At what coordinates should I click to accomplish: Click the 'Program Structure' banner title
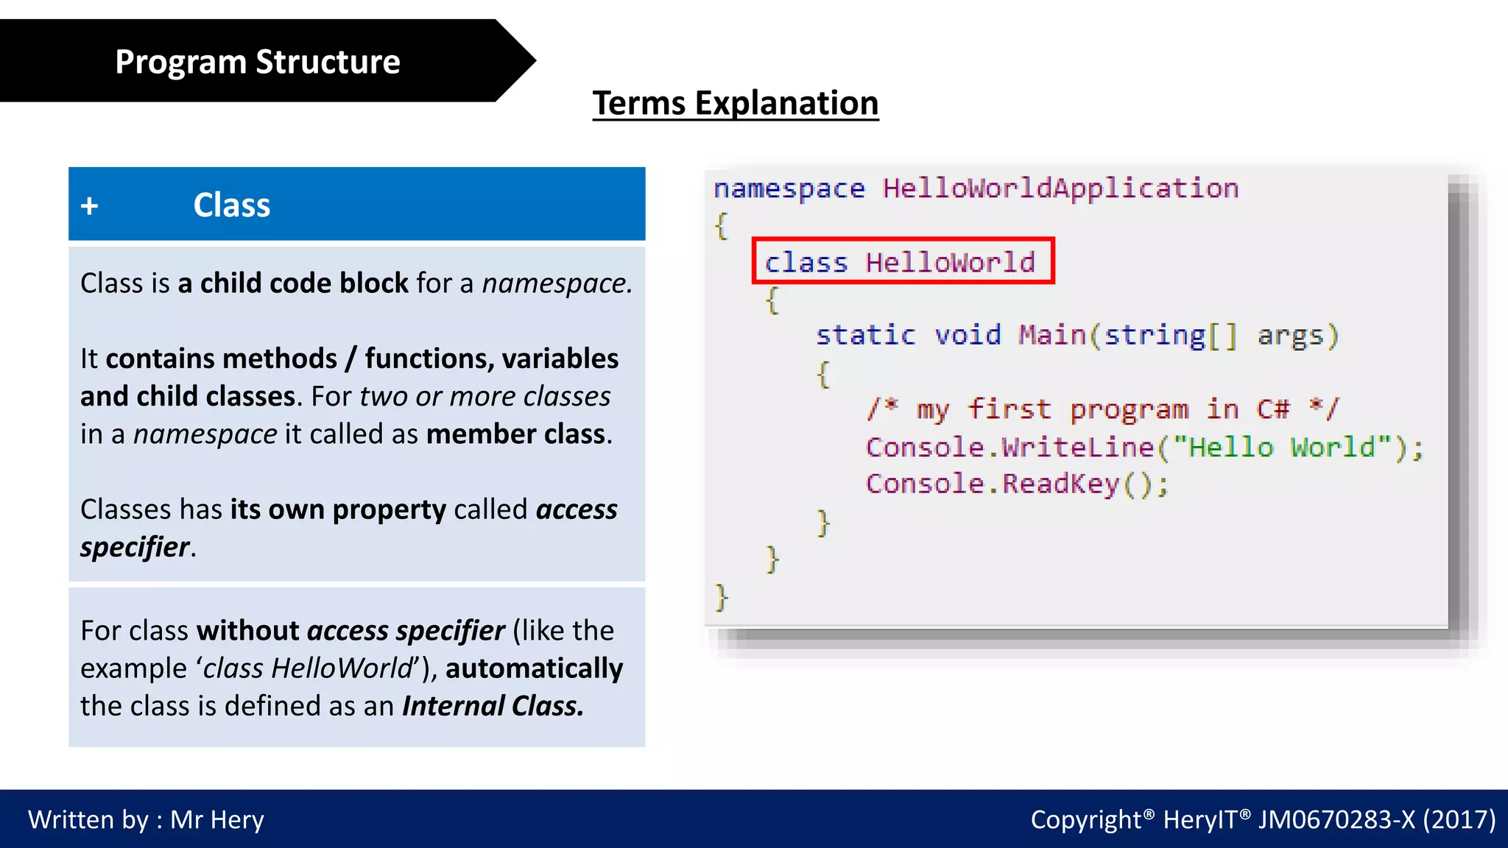(x=257, y=62)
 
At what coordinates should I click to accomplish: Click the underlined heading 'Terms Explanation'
(x=735, y=103)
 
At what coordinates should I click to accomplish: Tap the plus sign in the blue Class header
(x=89, y=205)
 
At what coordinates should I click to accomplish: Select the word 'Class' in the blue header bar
(x=231, y=205)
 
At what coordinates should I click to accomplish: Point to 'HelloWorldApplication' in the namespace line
(x=1060, y=188)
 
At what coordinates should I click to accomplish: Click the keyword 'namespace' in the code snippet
(x=789, y=189)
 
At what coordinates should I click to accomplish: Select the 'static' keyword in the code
(x=865, y=336)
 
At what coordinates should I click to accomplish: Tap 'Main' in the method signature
(x=1051, y=336)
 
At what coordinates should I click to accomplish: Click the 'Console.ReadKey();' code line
(x=1016, y=484)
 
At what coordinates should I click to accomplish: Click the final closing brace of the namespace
(x=722, y=597)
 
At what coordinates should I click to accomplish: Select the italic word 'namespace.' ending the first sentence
(x=557, y=283)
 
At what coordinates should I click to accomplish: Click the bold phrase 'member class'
(x=517, y=434)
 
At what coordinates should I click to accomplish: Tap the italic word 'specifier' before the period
(x=135, y=548)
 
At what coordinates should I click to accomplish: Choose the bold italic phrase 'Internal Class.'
(x=493, y=706)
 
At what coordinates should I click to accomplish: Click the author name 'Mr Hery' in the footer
(x=217, y=819)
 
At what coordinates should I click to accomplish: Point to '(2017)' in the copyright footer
(x=1459, y=819)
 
